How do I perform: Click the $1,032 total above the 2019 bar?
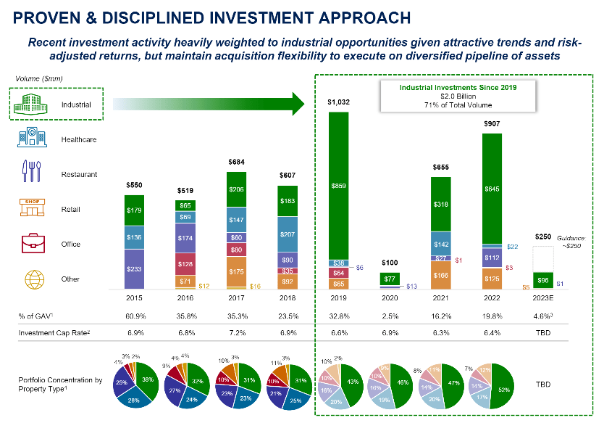coord(339,103)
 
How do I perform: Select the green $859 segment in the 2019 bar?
coord(339,185)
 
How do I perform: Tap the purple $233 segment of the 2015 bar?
coord(134,268)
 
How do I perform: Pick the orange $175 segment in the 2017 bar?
coord(236,271)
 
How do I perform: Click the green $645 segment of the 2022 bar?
coord(492,189)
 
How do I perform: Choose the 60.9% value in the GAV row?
coord(134,316)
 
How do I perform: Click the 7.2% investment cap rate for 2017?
coord(236,333)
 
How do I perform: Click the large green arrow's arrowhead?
coord(295,104)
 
